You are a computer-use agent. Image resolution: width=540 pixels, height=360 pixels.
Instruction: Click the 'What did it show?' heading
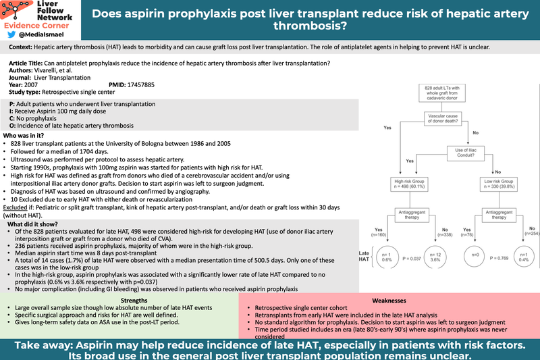point(33,224)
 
